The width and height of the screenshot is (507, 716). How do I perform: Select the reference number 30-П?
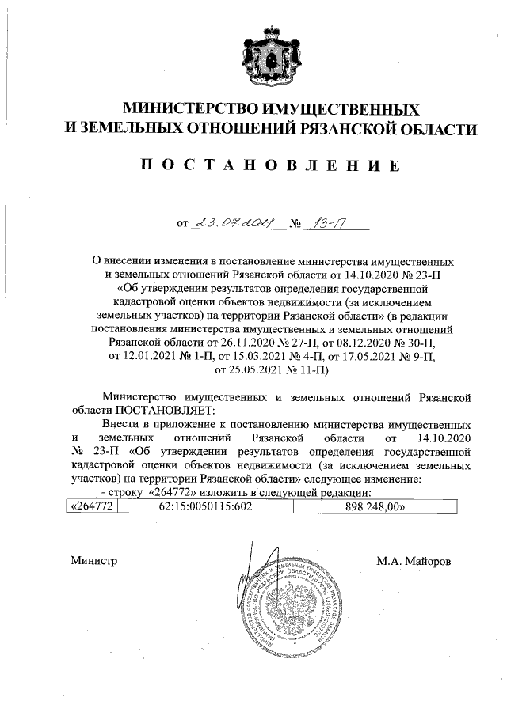click(414, 344)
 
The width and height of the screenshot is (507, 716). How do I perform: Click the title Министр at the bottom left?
click(93, 561)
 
